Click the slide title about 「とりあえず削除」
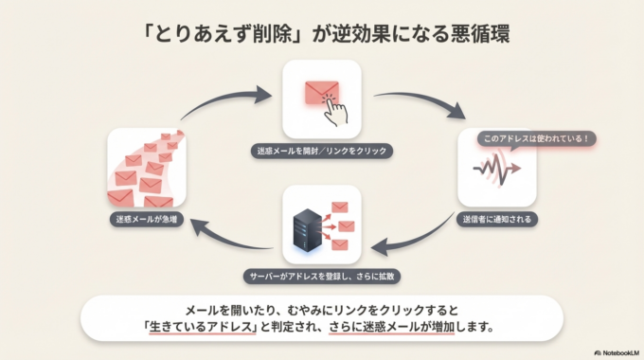321,31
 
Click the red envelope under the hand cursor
319,94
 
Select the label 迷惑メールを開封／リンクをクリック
322,151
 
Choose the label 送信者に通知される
497,219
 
